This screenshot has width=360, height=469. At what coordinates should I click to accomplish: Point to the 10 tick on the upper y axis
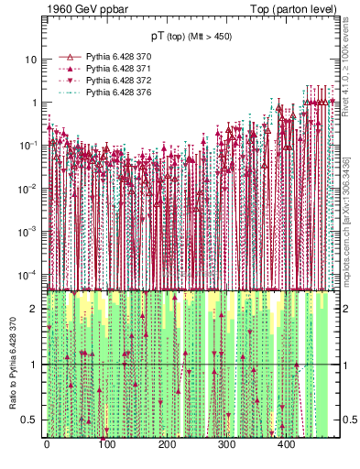pyautogui.click(x=31, y=60)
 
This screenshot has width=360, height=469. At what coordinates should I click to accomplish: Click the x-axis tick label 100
pyautogui.click(x=106, y=445)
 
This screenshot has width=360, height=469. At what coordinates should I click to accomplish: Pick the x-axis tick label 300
pyautogui.click(x=226, y=445)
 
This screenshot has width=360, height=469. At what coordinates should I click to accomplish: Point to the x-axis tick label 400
pyautogui.click(x=286, y=445)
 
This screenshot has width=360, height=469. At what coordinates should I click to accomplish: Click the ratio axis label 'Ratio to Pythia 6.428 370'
pyautogui.click(x=14, y=365)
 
